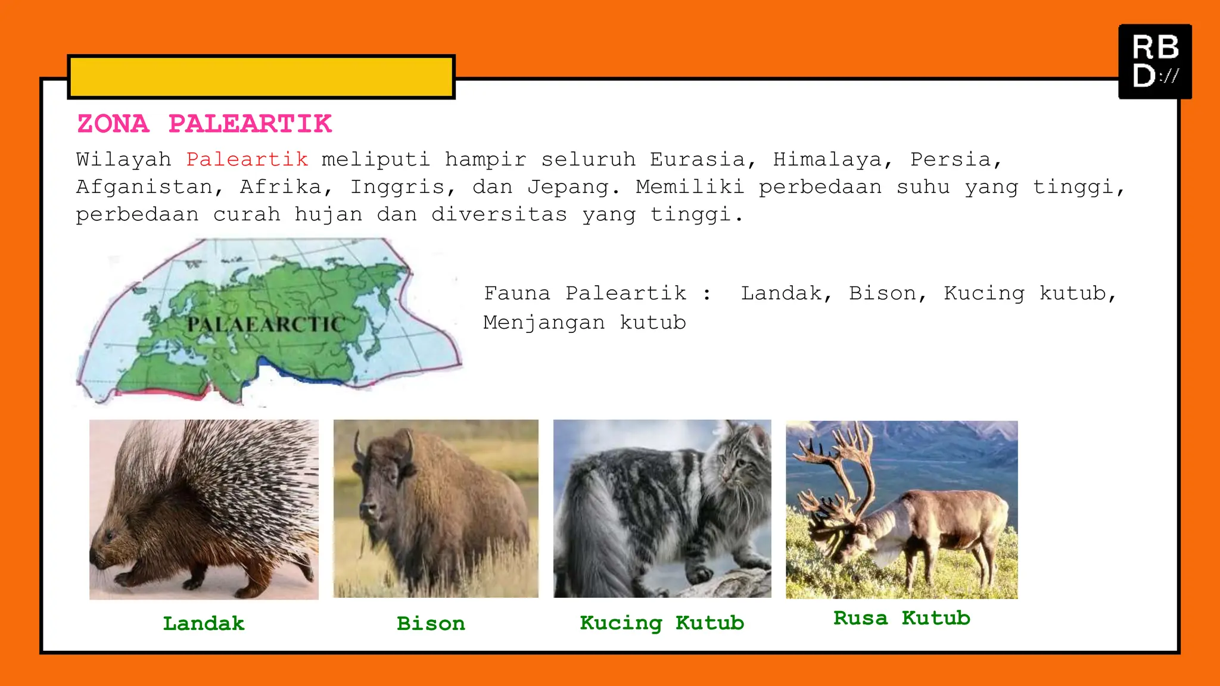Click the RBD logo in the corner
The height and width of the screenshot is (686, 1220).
tap(1155, 61)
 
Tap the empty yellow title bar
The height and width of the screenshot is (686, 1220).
tap(262, 77)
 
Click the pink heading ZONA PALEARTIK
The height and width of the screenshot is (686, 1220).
tap(204, 124)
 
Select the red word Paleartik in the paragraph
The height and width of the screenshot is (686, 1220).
tap(247, 160)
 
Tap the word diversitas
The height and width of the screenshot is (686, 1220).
tap(499, 214)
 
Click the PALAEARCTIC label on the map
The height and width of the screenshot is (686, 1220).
tap(266, 325)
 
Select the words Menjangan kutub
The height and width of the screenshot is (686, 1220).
tap(584, 323)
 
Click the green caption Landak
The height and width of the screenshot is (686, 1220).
tap(204, 623)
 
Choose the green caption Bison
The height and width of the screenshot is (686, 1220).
tap(431, 623)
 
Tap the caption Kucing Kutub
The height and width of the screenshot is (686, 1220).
tap(662, 623)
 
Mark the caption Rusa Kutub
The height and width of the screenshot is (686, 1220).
tap(902, 618)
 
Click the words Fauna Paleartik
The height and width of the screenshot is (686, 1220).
tap(584, 293)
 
